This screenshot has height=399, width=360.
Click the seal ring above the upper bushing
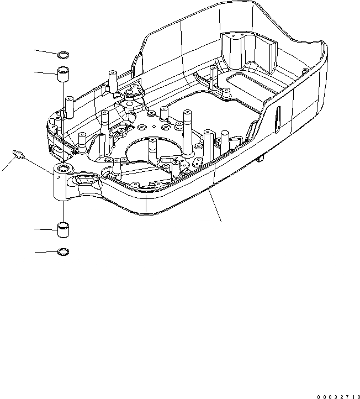pyautogui.click(x=64, y=54)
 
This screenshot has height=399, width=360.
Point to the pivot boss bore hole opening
pyautogui.click(x=62, y=167)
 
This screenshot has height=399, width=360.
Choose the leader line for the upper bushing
pyautogui.click(x=45, y=72)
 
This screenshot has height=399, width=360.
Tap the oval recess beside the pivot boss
pyautogui.click(x=84, y=179)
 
